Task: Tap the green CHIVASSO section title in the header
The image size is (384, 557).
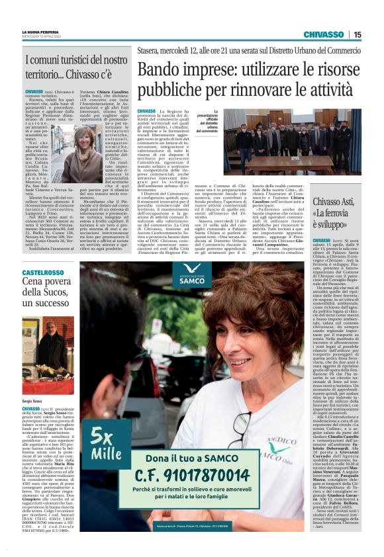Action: [x=323, y=34]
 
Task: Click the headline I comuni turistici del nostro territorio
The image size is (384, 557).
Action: [x=75, y=67]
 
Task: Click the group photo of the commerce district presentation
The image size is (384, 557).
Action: [x=292, y=142]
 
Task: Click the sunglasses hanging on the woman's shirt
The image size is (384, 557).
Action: [x=238, y=430]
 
